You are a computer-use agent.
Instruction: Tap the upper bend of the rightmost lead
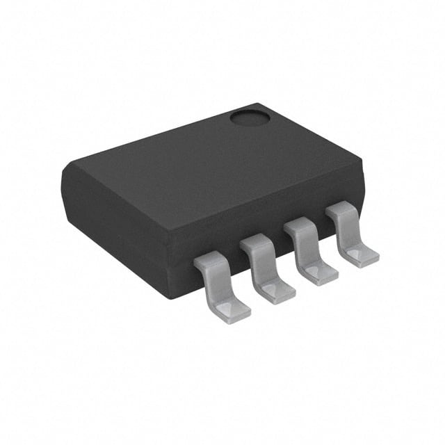tap(341, 209)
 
